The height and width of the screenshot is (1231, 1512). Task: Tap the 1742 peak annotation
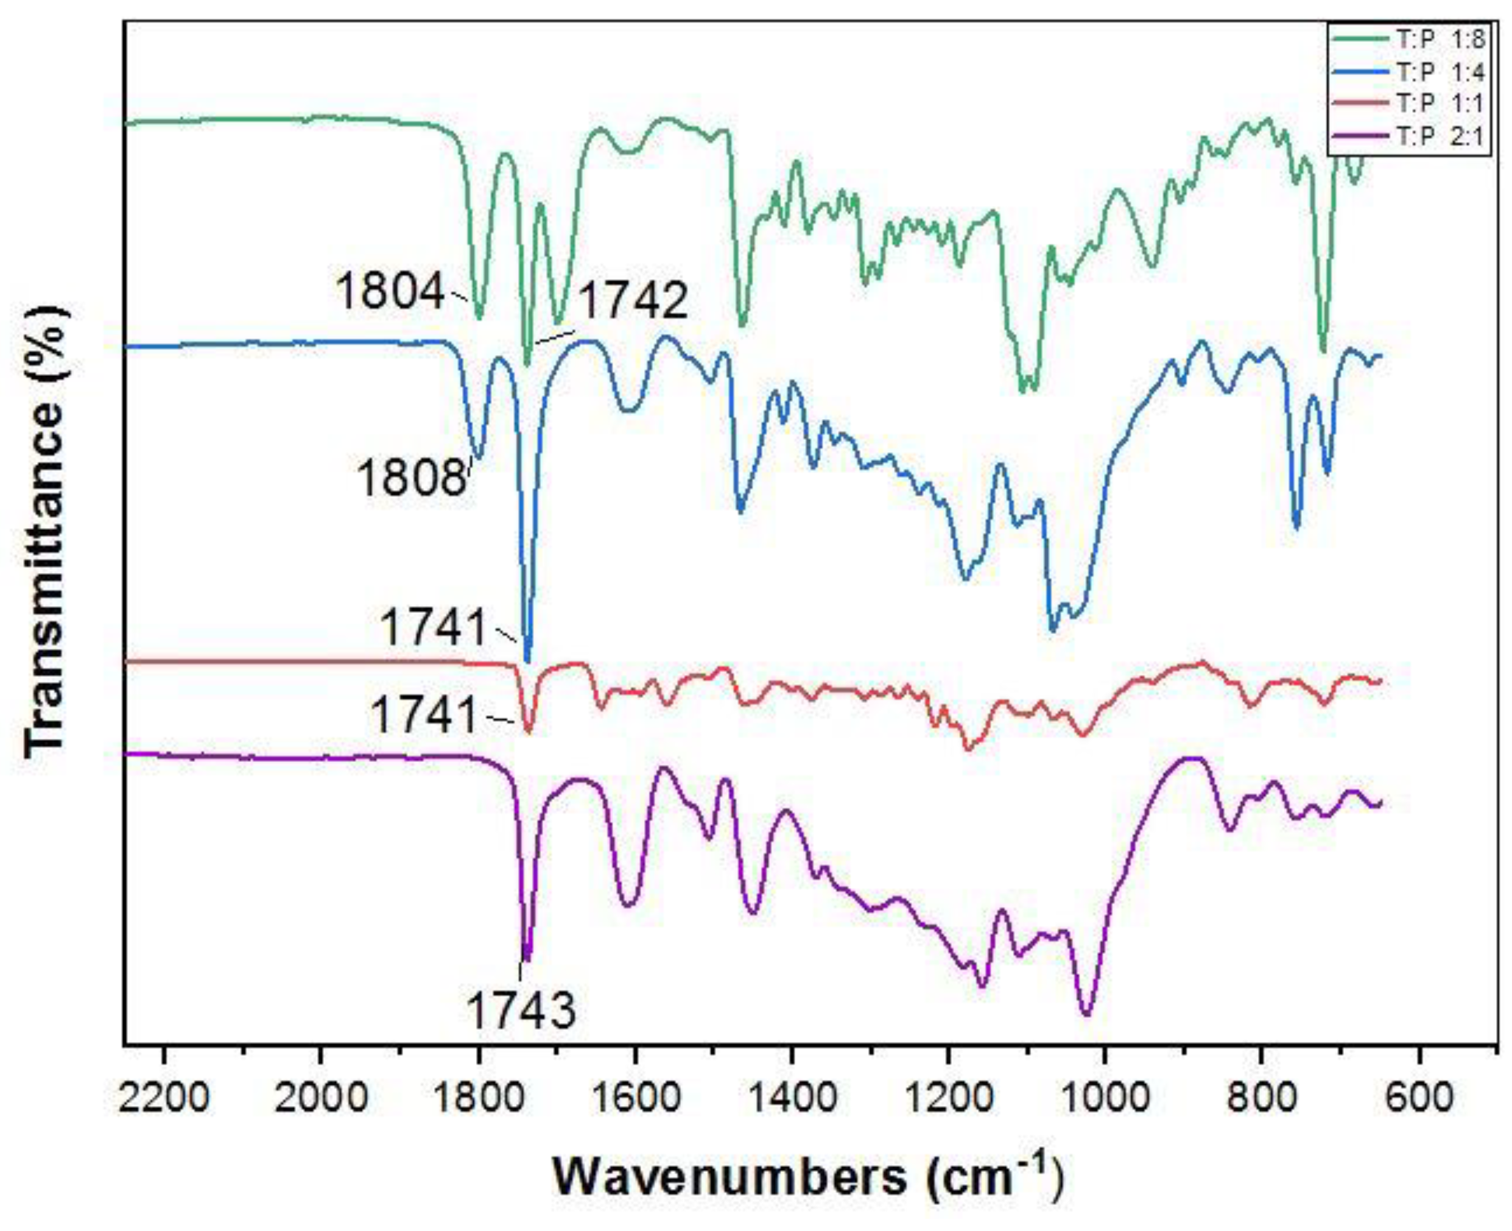633,300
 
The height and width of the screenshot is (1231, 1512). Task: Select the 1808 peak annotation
412,477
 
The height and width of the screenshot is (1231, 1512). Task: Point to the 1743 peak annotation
521,1010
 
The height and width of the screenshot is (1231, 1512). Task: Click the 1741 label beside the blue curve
434,627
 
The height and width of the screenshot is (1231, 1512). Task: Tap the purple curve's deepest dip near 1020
1086,1015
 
